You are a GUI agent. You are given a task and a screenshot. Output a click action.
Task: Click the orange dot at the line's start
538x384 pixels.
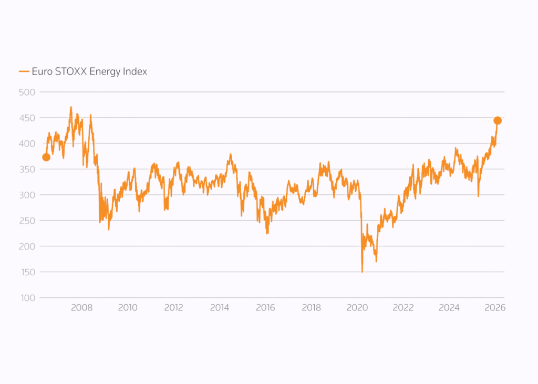(46, 157)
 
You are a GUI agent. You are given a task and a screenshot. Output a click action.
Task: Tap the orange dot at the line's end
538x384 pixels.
(498, 120)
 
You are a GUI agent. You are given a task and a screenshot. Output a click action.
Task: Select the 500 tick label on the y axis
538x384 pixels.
(27, 92)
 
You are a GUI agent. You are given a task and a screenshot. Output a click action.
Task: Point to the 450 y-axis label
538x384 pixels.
(27, 118)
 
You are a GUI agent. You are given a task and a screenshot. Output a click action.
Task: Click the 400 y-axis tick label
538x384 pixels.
(27, 143)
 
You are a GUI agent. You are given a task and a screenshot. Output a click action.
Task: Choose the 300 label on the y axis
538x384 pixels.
(27, 195)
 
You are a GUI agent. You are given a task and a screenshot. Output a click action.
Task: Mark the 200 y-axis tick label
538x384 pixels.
(27, 246)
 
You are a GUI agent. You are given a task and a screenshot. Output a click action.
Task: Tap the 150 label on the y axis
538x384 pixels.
(27, 272)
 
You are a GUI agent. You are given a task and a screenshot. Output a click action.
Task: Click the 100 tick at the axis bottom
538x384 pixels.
(27, 298)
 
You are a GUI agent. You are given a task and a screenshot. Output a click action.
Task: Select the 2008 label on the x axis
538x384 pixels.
(82, 308)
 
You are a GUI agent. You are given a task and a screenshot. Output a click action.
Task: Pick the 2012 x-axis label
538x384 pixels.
(173, 308)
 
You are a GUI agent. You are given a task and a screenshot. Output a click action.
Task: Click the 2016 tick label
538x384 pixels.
(265, 308)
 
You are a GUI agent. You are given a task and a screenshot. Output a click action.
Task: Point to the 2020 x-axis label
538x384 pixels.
(357, 308)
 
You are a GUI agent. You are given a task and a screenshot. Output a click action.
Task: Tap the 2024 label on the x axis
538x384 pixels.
(449, 308)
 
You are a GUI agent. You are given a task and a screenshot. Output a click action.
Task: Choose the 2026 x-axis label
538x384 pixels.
(495, 308)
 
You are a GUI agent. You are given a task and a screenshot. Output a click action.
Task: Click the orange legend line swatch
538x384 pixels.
(24, 71)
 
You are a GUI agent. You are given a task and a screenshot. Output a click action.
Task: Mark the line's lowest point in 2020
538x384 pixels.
(362, 272)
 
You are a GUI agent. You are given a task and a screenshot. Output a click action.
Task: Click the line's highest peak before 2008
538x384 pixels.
(71, 107)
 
